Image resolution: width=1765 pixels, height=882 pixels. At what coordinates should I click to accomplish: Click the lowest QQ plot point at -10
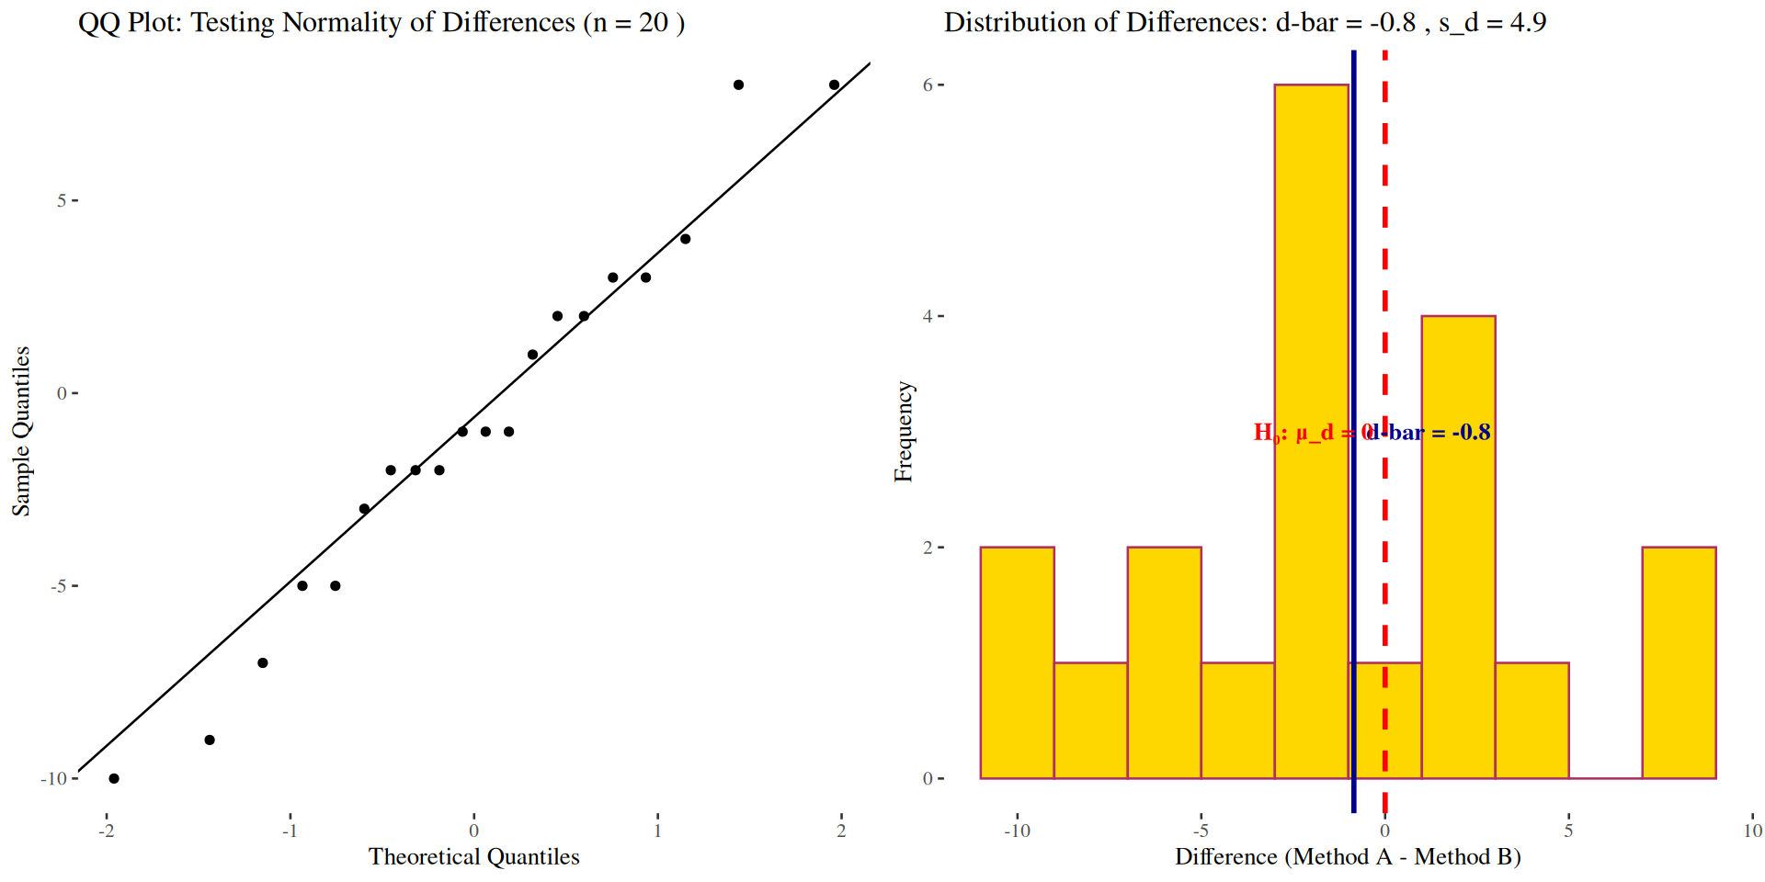114,778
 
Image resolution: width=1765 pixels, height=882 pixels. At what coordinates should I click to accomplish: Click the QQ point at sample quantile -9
210,740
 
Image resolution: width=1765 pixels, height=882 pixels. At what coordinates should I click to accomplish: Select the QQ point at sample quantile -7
263,662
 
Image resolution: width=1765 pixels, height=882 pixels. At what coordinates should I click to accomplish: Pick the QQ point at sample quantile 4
685,239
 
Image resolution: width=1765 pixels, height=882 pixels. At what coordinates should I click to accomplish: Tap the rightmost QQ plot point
834,85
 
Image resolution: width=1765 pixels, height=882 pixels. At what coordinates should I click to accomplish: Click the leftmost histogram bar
1017,662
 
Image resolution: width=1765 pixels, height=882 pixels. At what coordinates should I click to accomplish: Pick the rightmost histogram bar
1679,662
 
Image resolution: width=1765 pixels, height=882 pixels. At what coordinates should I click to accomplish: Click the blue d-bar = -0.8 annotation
1430,432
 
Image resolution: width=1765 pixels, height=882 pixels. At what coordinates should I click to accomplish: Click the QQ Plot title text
381,22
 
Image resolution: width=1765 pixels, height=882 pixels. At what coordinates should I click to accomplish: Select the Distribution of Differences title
1245,22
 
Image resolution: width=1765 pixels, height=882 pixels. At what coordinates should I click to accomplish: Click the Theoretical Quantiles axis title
473,856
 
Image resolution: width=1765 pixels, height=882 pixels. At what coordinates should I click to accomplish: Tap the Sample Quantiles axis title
21,431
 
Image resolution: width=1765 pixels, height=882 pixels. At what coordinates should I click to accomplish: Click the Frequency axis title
904,431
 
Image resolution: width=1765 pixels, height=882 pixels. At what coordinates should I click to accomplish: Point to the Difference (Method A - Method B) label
1348,856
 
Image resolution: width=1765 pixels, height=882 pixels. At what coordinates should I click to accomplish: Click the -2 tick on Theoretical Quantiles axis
107,831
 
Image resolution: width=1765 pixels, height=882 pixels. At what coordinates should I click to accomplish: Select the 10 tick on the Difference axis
1752,831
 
